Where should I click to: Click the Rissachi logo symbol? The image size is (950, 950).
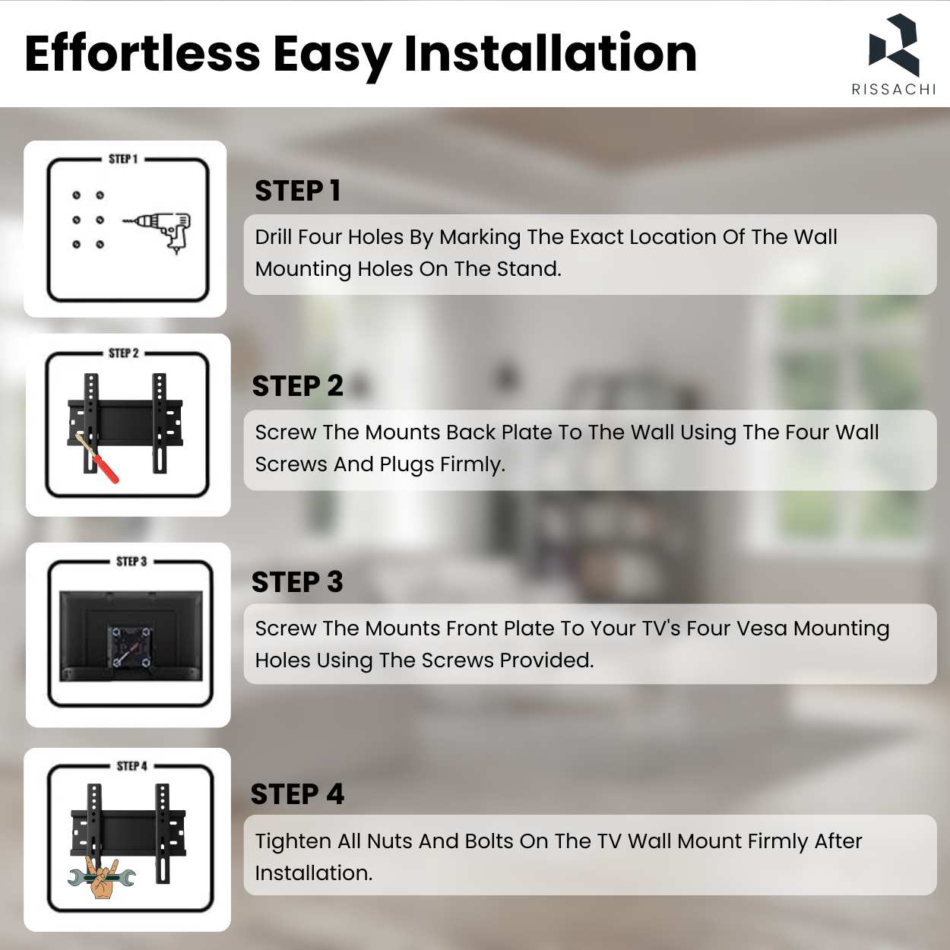click(x=893, y=46)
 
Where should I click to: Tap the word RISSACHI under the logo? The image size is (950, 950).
click(x=894, y=89)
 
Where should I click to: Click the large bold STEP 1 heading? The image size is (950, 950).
click(x=298, y=191)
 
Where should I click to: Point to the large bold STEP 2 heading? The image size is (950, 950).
click(x=297, y=385)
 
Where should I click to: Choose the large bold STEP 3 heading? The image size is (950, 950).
click(x=297, y=581)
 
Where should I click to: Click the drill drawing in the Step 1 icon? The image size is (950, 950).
click(x=157, y=233)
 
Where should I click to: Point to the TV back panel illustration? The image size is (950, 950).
click(x=131, y=636)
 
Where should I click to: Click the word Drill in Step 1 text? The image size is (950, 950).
click(x=274, y=236)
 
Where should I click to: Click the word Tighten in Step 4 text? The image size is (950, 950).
click(x=293, y=841)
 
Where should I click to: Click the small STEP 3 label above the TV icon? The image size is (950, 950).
click(x=131, y=562)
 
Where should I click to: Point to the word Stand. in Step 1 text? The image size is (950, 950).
click(x=529, y=269)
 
